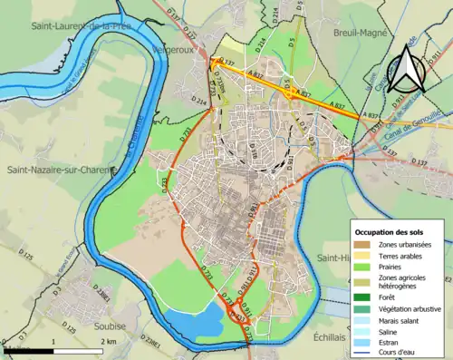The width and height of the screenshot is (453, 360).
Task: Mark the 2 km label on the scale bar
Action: point(108,341)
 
